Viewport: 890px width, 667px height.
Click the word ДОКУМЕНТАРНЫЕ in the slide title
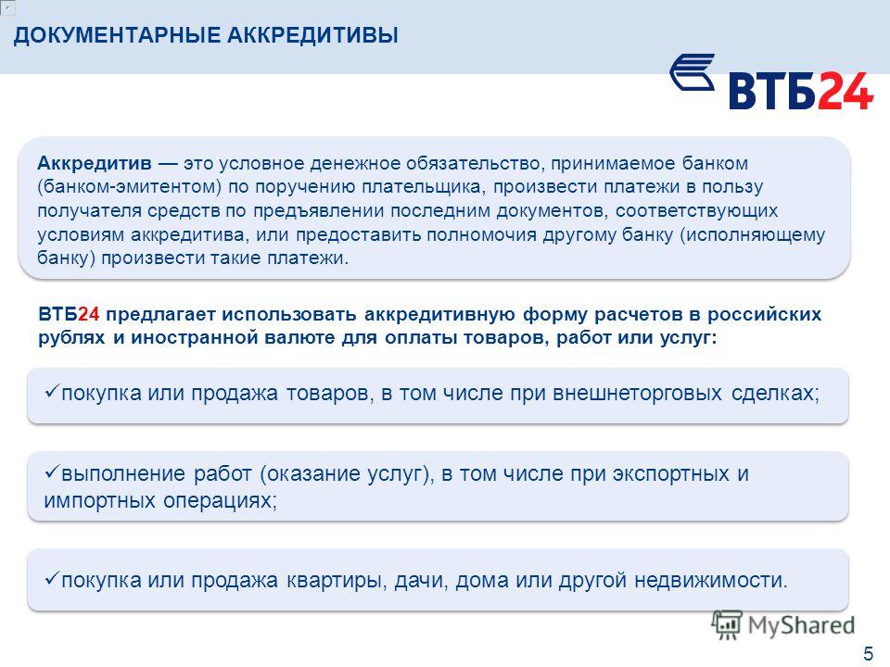tap(117, 35)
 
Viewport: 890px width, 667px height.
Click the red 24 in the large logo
tap(845, 90)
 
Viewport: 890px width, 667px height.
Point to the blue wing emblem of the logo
tap(692, 72)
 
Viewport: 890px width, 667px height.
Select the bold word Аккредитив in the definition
tap(95, 163)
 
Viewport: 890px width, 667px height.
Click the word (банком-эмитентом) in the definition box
tap(130, 187)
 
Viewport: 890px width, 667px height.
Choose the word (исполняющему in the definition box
tap(752, 234)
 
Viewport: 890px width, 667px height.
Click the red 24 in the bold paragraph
tap(89, 314)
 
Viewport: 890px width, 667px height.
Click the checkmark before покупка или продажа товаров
tap(52, 390)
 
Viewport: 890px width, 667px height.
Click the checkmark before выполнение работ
tap(52, 471)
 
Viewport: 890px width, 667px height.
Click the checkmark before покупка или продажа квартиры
tap(52, 577)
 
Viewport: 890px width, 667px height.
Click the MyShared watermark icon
tap(727, 625)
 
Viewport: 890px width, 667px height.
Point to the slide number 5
tap(869, 653)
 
